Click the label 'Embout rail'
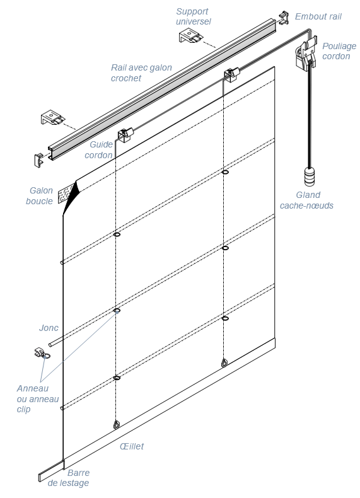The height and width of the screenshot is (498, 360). pos(318,16)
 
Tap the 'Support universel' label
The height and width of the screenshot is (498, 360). pos(194,16)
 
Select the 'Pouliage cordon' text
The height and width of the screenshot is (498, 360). pos(339,51)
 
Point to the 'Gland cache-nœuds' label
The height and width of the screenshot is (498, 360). pos(306,200)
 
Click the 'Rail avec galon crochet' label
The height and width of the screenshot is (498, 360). pos(141,72)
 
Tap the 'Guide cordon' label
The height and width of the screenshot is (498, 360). pos(99,149)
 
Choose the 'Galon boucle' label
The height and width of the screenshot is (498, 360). pos(39,195)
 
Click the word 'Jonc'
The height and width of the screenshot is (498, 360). pos(49,327)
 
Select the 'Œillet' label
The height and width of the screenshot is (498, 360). pos(132,446)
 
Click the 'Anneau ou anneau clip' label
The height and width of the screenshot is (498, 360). pos(37,398)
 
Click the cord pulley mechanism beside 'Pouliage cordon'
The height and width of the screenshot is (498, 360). pos(306,53)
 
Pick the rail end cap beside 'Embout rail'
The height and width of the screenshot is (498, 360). pos(284,18)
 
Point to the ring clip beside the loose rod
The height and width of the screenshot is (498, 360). pos(42,354)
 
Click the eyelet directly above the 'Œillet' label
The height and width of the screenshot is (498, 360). pos(117,425)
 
